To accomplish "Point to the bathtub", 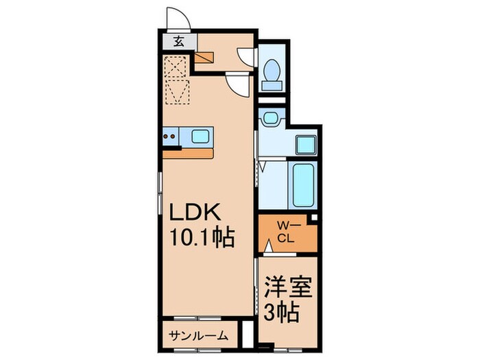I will point(302,185).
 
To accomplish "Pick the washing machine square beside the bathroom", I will point(305,145).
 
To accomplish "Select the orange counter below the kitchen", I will point(189,153).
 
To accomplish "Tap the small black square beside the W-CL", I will point(313,219).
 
